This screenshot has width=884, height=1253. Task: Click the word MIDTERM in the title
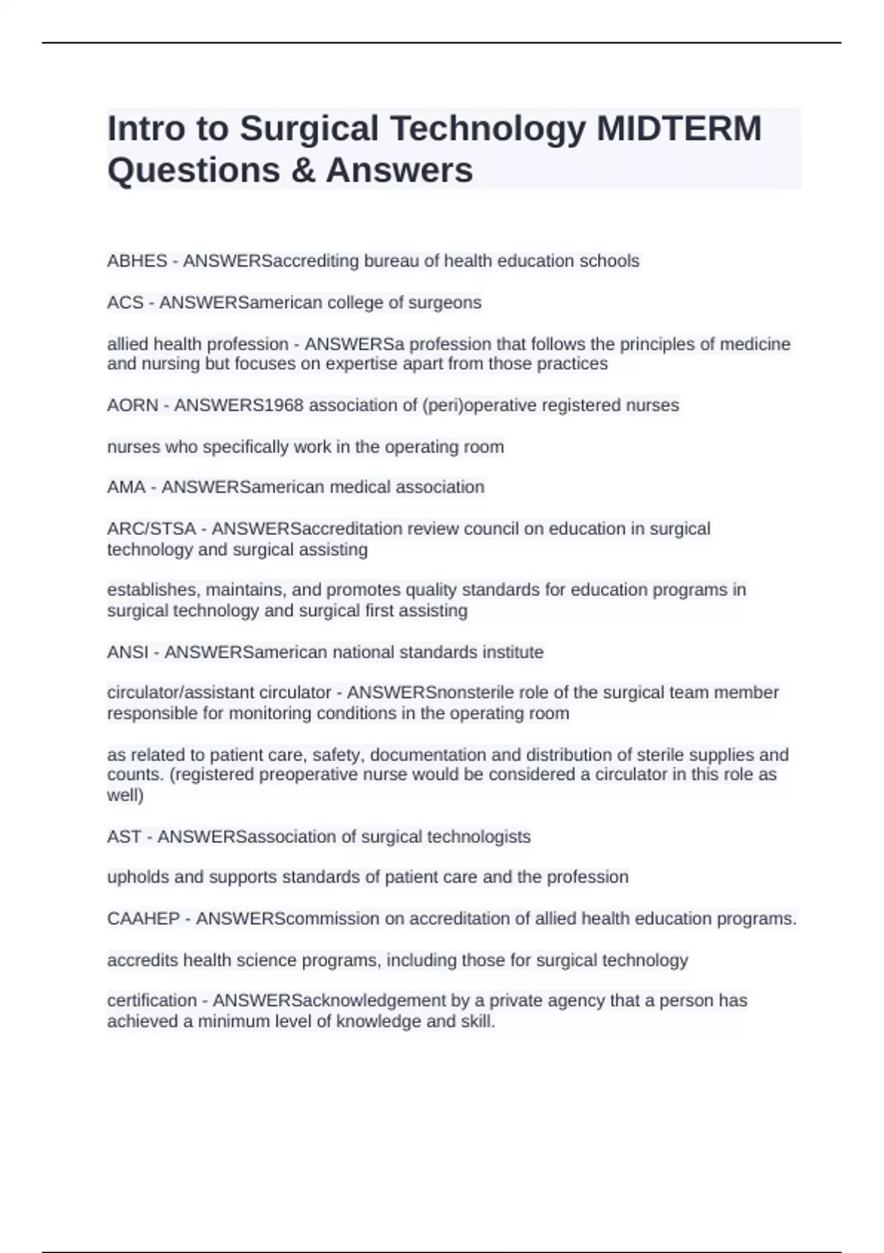(678, 128)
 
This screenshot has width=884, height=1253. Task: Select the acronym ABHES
(137, 261)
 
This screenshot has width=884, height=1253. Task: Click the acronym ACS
(125, 302)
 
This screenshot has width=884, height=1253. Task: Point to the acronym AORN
(133, 405)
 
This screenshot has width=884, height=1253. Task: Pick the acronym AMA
(126, 487)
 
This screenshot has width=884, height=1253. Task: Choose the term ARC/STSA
(152, 529)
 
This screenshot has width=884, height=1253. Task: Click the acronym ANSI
(127, 652)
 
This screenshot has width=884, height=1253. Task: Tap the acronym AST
(124, 837)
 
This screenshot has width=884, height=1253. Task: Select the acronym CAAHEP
(144, 919)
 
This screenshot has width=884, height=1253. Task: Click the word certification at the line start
(152, 1001)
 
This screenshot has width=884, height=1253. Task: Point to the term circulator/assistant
(219, 693)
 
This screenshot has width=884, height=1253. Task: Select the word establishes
(153, 590)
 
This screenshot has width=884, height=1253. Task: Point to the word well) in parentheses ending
(125, 795)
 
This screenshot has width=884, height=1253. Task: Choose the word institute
(513, 652)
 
